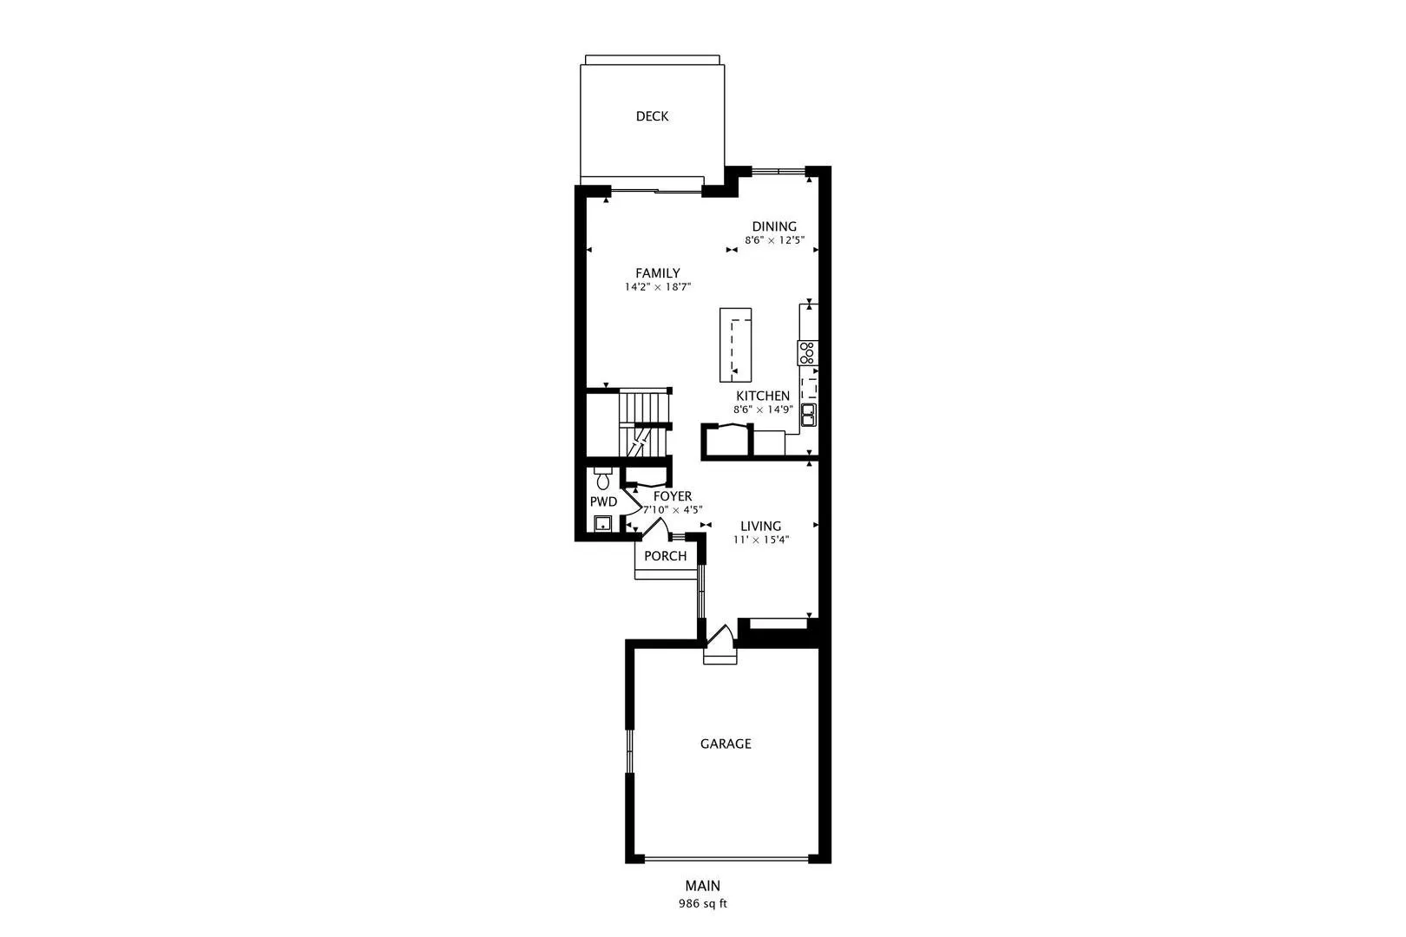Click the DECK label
click(x=652, y=116)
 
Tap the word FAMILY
click(x=658, y=273)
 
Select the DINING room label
click(x=774, y=226)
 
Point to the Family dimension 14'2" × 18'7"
click(x=658, y=287)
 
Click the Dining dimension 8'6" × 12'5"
click(x=774, y=240)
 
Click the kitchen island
click(x=736, y=344)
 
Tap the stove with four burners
click(x=808, y=353)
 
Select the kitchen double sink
click(x=809, y=415)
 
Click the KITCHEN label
click(x=763, y=396)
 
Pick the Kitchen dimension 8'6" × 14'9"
click(x=763, y=410)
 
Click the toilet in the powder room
click(x=603, y=478)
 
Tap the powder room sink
click(x=603, y=523)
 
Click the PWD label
click(x=604, y=502)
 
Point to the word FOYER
click(x=673, y=496)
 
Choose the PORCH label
click(x=666, y=556)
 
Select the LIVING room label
click(x=761, y=526)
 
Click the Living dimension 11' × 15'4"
click(x=761, y=540)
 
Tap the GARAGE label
click(x=726, y=744)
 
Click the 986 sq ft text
click(x=703, y=904)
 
